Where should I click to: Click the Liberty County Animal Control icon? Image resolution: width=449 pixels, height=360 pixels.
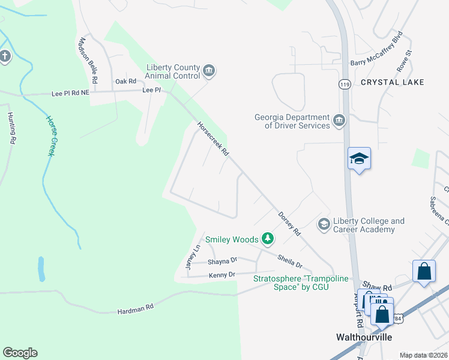(209, 71)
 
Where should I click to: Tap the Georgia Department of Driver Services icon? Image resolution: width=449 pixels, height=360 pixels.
(339, 121)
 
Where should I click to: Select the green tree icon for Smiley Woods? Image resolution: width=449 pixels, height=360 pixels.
(268, 239)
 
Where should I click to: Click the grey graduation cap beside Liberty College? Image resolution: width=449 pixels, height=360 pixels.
(324, 224)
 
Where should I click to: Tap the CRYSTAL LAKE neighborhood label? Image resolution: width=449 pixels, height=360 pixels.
(393, 82)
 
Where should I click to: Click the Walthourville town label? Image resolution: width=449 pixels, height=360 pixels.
(363, 337)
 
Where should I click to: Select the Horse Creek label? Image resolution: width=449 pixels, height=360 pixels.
(51, 136)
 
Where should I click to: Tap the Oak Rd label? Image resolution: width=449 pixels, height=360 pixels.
(126, 81)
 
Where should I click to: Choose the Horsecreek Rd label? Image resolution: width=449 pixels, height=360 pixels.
(213, 139)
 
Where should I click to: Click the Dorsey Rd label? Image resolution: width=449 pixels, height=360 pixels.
(288, 223)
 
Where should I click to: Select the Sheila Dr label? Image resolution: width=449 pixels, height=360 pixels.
(289, 261)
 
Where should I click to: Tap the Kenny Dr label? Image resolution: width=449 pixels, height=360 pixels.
(222, 275)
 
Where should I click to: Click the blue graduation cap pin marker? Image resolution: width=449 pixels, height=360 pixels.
(359, 159)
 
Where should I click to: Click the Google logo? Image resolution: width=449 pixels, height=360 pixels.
(20, 353)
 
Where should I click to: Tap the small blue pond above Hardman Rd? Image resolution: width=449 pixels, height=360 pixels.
(40, 269)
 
